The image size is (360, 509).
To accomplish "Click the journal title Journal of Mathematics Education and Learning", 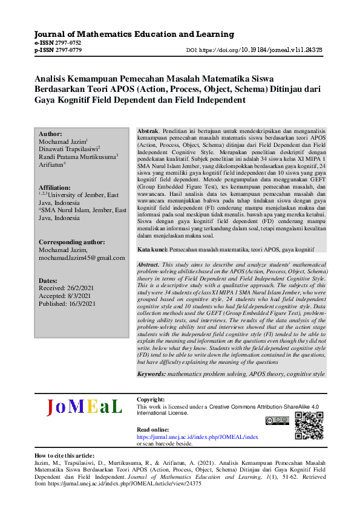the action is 134,34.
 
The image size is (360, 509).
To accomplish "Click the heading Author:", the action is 50,134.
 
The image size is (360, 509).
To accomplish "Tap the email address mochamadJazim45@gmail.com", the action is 81,258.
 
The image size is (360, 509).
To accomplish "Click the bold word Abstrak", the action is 148,131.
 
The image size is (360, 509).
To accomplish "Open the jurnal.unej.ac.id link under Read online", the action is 197,436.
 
